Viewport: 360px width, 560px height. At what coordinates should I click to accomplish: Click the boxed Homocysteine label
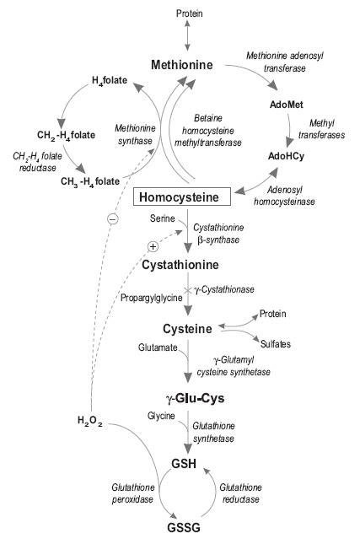(183, 197)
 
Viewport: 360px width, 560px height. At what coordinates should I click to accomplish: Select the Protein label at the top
(189, 13)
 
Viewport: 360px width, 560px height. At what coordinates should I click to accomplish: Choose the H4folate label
(110, 81)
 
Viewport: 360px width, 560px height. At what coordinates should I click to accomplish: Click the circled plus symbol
(153, 246)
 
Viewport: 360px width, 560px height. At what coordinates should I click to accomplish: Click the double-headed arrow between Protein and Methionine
(187, 38)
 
